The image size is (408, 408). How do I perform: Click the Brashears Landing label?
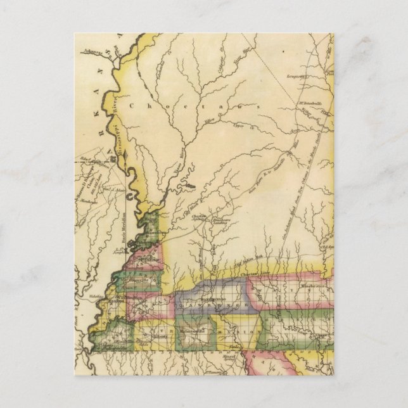(220, 220)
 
